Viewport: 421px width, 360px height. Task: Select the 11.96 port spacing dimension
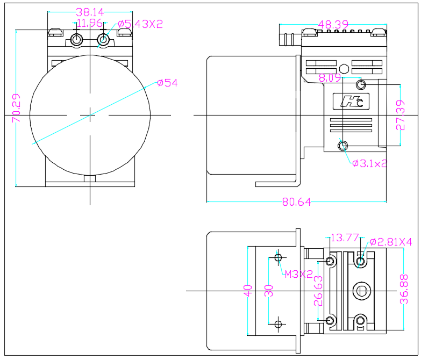[x=89, y=23]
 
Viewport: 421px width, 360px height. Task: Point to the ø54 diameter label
[x=167, y=83]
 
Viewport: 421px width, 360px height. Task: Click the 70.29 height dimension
[x=17, y=109]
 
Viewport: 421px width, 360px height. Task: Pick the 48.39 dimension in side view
[x=333, y=25]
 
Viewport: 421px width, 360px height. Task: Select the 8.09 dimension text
[x=330, y=78]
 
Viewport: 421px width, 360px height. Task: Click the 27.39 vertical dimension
[x=400, y=115]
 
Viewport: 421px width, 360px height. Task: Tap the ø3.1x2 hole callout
[x=369, y=163]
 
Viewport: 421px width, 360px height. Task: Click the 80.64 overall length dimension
[x=296, y=203]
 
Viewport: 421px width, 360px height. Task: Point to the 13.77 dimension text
[x=344, y=237]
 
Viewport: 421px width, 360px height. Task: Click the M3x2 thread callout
[x=298, y=274]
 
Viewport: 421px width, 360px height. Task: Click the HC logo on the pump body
[x=352, y=101]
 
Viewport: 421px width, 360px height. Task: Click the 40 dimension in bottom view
[x=248, y=291]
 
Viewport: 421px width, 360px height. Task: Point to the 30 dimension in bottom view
[x=269, y=291]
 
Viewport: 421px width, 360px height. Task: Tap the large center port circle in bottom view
[x=361, y=291]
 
